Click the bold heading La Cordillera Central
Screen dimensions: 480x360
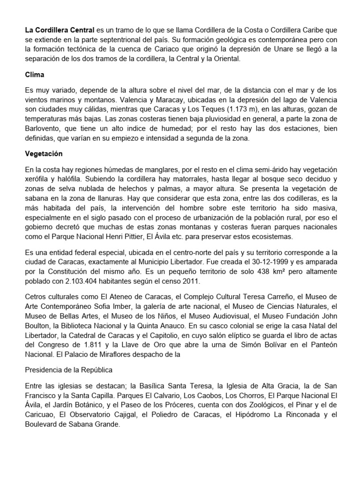point(60,30)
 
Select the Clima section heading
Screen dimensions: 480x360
point(34,74)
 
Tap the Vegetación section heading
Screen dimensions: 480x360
point(44,153)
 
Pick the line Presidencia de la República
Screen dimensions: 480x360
point(68,370)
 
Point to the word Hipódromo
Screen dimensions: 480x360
point(259,415)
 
